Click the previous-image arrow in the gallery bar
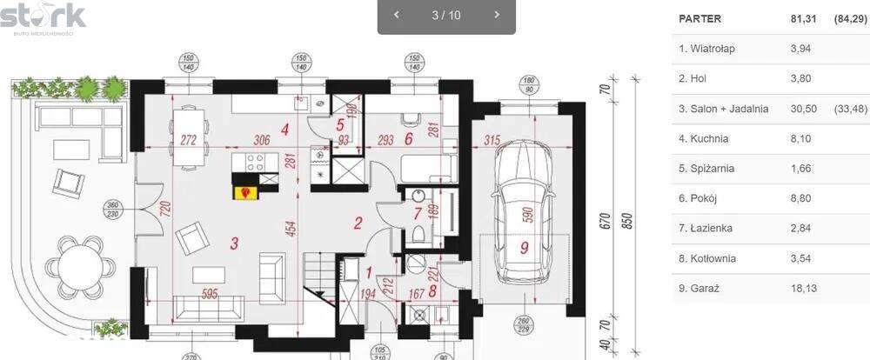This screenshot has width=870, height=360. coord(397,15)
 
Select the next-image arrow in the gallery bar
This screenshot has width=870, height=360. coord(497,15)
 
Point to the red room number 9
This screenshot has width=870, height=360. coord(524,248)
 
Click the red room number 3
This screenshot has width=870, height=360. coord(234,243)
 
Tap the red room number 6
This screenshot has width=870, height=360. coord(408,137)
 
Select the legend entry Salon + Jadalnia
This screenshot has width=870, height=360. coord(723,109)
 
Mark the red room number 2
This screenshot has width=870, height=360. coord(358,222)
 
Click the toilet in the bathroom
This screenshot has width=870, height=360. coord(418,232)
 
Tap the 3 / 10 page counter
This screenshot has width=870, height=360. coord(446,15)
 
